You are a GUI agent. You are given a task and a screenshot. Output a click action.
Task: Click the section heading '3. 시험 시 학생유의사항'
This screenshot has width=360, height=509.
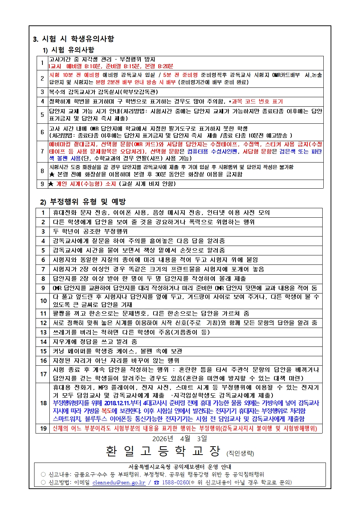73,39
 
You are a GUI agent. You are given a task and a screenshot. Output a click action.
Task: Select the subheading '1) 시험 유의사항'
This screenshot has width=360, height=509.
69,50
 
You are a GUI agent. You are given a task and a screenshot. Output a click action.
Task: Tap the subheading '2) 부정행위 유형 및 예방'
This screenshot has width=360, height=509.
83,201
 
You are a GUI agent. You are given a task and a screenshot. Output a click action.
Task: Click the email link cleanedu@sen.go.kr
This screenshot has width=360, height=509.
119,483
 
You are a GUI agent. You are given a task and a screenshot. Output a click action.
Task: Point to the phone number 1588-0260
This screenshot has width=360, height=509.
175,483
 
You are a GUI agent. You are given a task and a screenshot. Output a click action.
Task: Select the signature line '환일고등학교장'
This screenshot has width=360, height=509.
163,451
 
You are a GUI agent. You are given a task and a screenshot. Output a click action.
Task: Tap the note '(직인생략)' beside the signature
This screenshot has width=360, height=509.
240,453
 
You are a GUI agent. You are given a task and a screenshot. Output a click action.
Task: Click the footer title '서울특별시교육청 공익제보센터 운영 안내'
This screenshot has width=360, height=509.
180,467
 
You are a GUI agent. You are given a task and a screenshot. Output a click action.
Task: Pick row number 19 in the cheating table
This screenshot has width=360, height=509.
43,428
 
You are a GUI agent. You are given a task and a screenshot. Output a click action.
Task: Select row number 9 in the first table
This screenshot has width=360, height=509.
42,184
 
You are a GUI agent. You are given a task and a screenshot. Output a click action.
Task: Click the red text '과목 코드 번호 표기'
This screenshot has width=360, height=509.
257,102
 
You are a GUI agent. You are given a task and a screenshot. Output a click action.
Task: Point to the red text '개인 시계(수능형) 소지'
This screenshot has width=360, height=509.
86,184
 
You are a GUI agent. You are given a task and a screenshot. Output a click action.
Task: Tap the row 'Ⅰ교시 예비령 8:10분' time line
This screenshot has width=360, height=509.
111,66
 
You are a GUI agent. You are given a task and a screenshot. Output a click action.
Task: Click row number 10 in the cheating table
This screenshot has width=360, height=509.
43,301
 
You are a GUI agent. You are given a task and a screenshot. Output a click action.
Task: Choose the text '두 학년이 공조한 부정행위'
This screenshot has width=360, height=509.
90,231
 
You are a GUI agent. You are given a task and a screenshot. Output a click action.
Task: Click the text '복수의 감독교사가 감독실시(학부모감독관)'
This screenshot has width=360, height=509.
103,92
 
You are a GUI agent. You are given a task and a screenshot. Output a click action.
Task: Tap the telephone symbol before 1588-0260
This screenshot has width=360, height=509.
157,483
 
